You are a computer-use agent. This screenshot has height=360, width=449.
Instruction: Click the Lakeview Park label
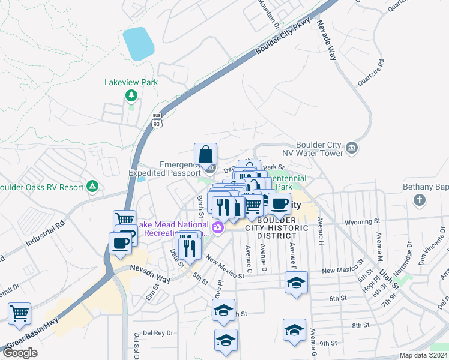pyautogui.click(x=131, y=82)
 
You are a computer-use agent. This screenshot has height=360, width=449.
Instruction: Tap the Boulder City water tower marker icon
pyautogui.click(x=351, y=147)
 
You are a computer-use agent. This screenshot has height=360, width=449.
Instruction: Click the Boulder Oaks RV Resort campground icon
pyautogui.click(x=92, y=187)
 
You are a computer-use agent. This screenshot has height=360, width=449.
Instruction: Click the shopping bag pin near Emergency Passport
pyautogui.click(x=206, y=154)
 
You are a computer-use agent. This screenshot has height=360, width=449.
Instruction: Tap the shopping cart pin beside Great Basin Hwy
pyautogui.click(x=20, y=313)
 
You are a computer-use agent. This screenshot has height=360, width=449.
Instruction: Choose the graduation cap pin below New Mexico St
pyautogui.click(x=296, y=283)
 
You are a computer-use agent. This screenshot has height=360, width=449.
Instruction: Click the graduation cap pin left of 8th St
pyautogui.click(x=294, y=330)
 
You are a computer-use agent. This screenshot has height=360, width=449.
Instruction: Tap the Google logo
pyautogui.click(x=20, y=353)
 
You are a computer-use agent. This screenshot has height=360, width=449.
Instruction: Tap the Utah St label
pyautogui.click(x=388, y=278)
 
